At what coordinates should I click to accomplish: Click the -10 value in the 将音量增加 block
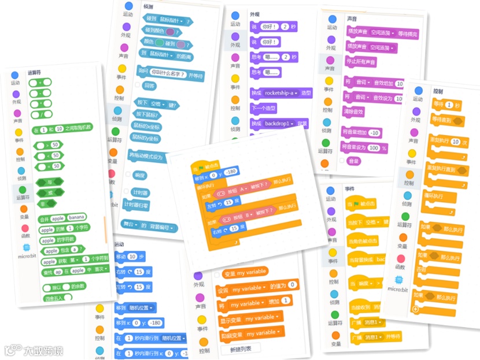pos(374,133)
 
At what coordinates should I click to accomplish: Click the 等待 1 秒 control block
pos(445,105)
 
